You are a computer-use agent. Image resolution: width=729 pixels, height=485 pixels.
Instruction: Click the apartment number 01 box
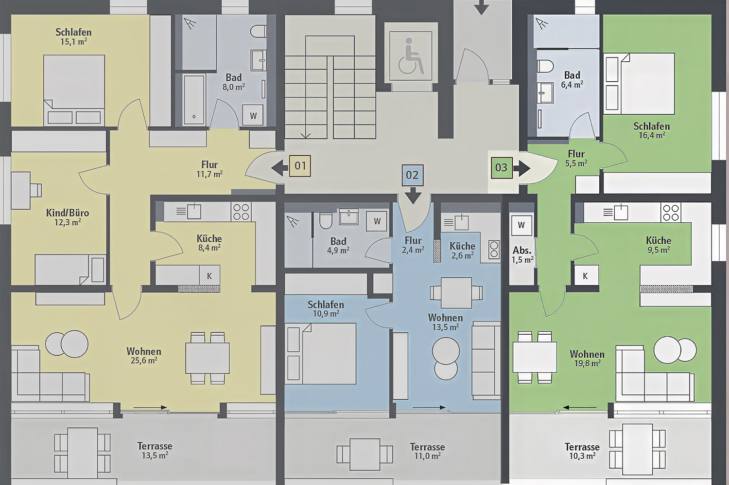point(300,166)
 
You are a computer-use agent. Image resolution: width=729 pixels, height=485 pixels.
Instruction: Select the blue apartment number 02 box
point(412,175)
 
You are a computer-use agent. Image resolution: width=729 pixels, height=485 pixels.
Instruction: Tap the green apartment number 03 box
point(502,168)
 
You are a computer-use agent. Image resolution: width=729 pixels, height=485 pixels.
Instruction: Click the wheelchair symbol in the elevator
point(411,55)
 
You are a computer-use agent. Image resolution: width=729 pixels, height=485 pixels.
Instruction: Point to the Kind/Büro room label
point(68,213)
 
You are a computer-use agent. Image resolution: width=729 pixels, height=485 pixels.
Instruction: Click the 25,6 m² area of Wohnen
point(144,360)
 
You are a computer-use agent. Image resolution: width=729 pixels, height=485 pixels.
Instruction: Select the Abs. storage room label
point(522,250)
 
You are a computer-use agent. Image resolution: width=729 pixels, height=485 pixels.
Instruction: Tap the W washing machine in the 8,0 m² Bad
point(253,115)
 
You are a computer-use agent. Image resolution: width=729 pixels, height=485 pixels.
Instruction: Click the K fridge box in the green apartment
point(585,276)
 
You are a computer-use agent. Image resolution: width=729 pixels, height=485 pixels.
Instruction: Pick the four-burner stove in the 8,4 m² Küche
point(241,212)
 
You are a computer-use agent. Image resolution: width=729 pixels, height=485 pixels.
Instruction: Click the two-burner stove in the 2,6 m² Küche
point(494,250)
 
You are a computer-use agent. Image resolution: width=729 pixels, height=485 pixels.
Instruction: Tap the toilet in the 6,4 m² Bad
point(545,66)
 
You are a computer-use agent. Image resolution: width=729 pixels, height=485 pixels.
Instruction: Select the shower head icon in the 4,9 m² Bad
point(293,221)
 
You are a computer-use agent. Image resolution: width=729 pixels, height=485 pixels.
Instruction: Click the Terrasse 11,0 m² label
point(427,451)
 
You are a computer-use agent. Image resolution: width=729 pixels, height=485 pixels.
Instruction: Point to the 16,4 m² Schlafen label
point(652,130)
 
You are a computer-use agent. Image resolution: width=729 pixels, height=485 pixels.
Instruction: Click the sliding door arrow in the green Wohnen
point(580,407)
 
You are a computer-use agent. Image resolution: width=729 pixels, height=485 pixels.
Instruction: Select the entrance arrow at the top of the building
point(482,7)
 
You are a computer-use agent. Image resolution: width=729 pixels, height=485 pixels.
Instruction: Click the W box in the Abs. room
point(521,225)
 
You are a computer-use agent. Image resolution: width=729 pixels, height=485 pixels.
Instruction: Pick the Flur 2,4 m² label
point(413,245)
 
